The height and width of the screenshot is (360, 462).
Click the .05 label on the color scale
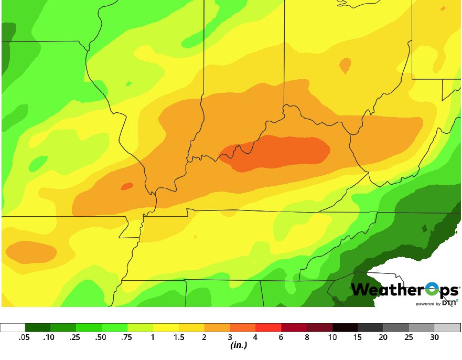click(24, 337)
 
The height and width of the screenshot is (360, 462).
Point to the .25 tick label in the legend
click(76, 337)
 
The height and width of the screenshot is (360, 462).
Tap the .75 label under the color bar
click(127, 337)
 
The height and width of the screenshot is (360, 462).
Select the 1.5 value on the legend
click(179, 337)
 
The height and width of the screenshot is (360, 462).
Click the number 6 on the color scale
click(281, 337)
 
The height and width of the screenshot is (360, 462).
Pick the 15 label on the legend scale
click(358, 337)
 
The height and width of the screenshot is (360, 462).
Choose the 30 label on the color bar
click(435, 337)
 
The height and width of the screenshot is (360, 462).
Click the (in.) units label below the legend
click(239, 345)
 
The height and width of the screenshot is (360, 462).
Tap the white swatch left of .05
click(13, 327)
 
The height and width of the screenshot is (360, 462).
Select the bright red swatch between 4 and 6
click(268, 327)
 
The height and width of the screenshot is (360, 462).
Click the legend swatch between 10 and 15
click(345, 327)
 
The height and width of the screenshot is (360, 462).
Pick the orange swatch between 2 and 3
click(217, 327)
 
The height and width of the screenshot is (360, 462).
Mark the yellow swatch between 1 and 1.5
click(166, 327)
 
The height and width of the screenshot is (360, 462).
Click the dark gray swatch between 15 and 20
click(371, 327)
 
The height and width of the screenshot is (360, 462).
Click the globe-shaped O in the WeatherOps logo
click(431, 290)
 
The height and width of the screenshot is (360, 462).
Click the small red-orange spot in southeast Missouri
click(127, 186)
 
